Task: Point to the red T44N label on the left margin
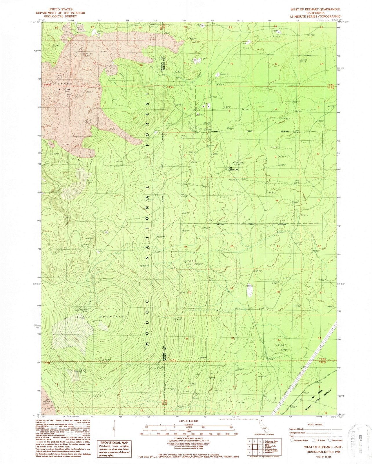pos(47,84)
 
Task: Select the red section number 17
pos(233,200)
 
